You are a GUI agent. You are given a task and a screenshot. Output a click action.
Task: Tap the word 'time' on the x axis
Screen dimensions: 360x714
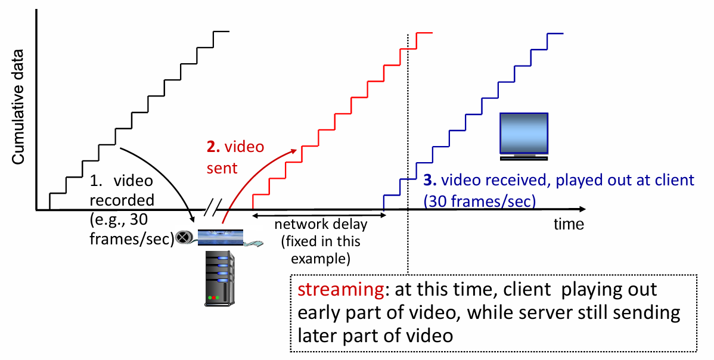pyautogui.click(x=569, y=225)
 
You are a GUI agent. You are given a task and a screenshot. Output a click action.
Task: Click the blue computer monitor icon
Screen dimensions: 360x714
pyautogui.click(x=524, y=136)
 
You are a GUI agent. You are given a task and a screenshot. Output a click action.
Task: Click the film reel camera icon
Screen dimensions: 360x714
pyautogui.click(x=184, y=237)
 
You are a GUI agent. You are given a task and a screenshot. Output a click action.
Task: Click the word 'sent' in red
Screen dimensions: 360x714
pyautogui.click(x=222, y=168)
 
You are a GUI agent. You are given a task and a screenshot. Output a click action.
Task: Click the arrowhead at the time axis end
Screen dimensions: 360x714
pyautogui.click(x=580, y=209)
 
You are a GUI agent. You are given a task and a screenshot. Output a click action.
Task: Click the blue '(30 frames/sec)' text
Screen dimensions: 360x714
pyautogui.click(x=479, y=201)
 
